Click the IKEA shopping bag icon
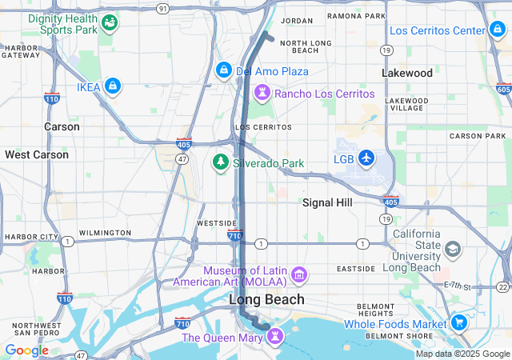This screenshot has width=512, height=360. pos(112,85)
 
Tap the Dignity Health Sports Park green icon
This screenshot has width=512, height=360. pos(109,22)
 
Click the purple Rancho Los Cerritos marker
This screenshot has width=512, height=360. pos(262,94)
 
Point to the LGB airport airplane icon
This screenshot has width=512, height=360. pos(366,158)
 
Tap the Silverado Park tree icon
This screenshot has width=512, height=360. pos(220,162)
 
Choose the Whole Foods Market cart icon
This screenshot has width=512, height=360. pos(459,323)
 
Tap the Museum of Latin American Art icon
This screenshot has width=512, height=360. pos(300,275)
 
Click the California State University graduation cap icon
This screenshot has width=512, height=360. pos(453,250)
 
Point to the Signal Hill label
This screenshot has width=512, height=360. pos(327,203)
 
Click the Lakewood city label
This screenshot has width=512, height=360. pos(407,73)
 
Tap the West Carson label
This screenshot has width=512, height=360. pos(37,154)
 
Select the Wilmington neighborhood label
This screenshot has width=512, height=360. pos(105,233)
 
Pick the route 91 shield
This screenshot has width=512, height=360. pos(163,8)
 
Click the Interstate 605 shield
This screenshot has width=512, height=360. pos(502,88)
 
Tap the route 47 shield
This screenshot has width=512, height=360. pos(182,160)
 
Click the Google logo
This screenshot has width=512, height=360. pos(26,350)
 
